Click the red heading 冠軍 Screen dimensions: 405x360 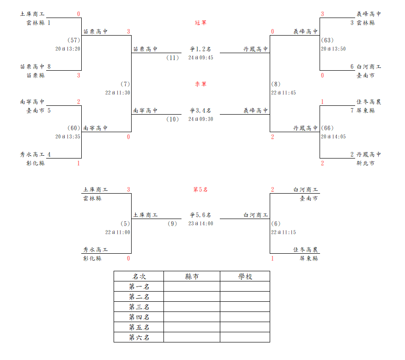click(200, 23)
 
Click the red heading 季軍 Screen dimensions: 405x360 click(200, 84)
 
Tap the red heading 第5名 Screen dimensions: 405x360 click(200, 189)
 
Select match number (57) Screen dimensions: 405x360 click(73, 40)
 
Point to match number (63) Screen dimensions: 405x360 click(327, 40)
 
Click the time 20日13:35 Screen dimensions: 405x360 click(68, 136)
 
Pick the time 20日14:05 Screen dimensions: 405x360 click(333, 136)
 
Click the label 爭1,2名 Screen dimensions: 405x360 click(200, 49)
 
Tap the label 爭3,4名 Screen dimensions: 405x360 click(200, 110)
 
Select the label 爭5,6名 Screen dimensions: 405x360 click(200, 215)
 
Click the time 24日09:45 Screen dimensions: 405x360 click(201, 58)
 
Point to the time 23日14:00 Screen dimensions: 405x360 click(201, 224)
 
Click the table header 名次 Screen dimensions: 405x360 click(139, 276)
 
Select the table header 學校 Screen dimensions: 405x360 click(245, 276)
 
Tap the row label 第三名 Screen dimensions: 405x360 click(139, 307)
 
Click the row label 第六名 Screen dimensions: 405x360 click(139, 337)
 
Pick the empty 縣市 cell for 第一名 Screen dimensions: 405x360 click(192, 287)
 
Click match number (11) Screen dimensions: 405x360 click(173, 58)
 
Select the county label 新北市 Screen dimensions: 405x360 click(365, 163)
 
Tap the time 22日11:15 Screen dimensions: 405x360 click(284, 232)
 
